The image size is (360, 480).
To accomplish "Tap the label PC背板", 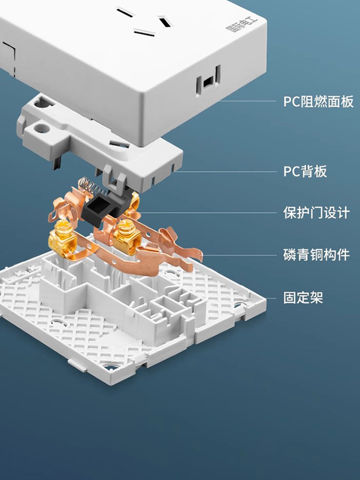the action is point(305,171).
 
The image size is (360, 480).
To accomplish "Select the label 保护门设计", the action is point(316,213).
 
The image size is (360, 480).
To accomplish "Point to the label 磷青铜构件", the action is point(316,255).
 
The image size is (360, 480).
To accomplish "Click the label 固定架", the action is point(303,297).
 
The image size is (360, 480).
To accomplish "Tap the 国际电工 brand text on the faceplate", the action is point(242,25).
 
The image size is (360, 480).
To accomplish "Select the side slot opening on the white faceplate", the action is point(208,81).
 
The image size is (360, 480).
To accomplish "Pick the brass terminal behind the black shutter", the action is point(134,203).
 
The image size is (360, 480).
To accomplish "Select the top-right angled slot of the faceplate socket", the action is point(165,22).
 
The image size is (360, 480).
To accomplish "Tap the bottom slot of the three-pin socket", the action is point(144,33).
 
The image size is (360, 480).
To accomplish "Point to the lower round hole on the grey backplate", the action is point(41,128).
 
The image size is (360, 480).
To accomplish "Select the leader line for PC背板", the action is point(225,172).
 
